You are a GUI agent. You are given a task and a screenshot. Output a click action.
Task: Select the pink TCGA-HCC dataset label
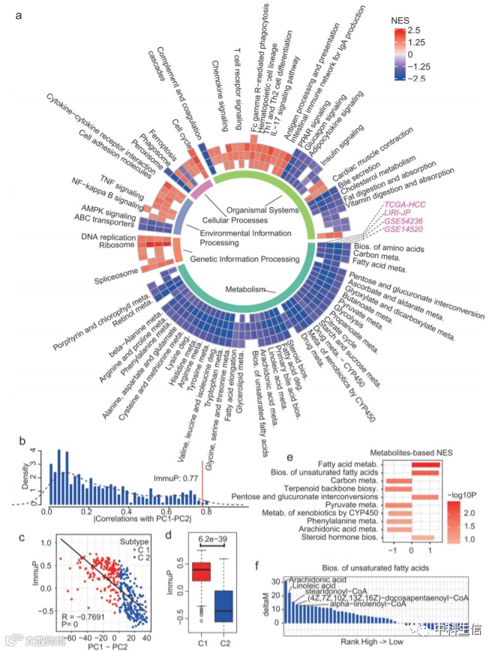point(405,205)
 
